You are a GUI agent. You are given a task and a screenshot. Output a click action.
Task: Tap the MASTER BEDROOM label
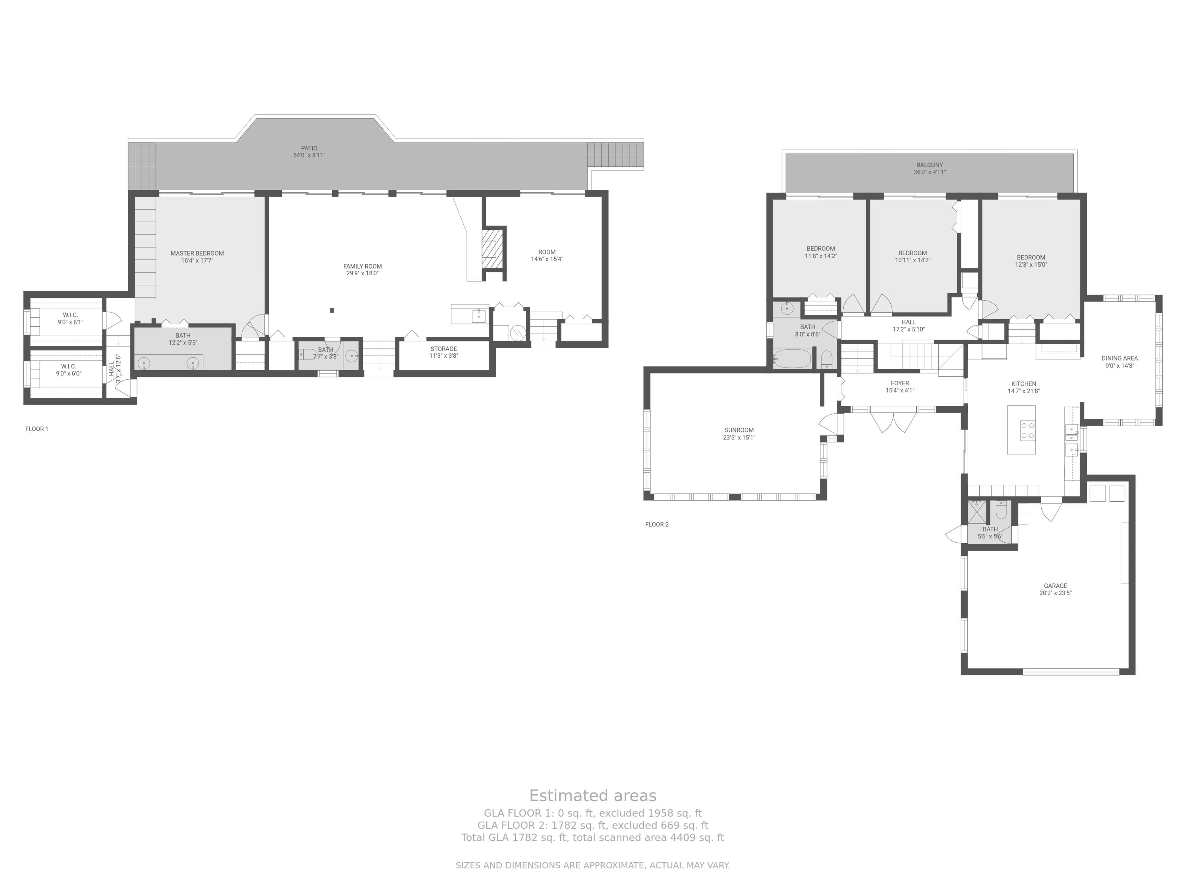[x=197, y=253]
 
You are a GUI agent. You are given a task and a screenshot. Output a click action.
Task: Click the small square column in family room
[x=332, y=310]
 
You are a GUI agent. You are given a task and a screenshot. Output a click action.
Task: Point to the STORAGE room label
[x=444, y=349]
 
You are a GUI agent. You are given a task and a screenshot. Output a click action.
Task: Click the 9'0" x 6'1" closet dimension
[x=70, y=322]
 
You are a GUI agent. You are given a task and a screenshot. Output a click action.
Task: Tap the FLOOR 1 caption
[x=37, y=429]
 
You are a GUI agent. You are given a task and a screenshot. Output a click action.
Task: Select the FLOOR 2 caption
[x=657, y=524]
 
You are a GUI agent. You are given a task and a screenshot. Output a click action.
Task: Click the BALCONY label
[x=929, y=165]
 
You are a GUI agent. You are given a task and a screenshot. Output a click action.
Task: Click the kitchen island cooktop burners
[x=1027, y=430]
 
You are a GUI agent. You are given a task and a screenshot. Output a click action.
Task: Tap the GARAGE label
[x=1055, y=586]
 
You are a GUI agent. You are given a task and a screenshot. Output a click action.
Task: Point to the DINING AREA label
[x=1120, y=358]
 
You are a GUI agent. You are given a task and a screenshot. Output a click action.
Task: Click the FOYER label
[x=900, y=383]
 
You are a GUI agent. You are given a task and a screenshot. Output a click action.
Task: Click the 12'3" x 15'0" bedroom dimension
[x=1031, y=265]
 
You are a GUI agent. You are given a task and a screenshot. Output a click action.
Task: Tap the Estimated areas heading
[x=593, y=795]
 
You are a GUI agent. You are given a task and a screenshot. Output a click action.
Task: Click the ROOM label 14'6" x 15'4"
[x=547, y=252]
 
